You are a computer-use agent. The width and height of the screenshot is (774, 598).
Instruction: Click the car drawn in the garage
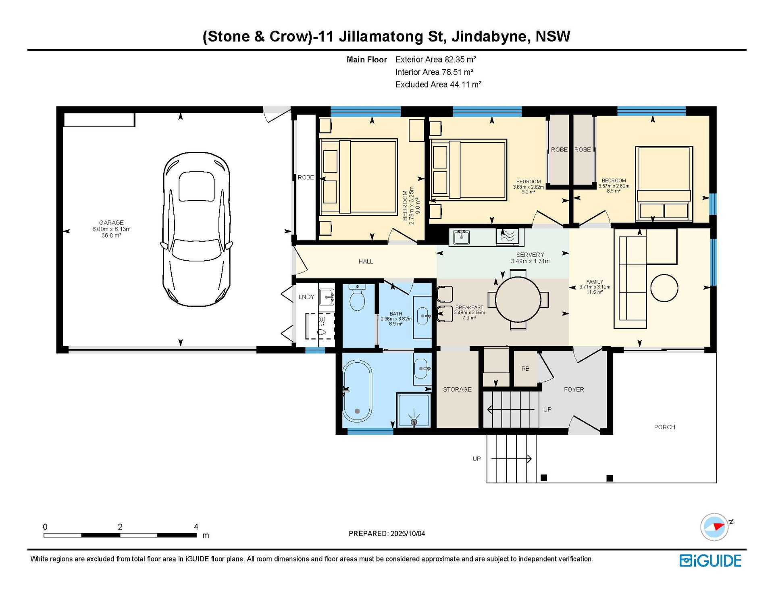197,229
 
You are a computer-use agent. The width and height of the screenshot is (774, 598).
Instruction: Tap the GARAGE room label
111,222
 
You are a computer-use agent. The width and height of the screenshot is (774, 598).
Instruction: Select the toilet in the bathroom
357,297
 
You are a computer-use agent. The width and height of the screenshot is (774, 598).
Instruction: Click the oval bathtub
357,391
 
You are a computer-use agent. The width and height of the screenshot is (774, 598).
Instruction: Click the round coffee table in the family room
664,288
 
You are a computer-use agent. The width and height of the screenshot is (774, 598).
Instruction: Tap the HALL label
366,262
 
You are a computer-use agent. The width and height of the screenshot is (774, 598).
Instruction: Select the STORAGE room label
457,389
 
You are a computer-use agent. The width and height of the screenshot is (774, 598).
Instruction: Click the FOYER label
574,389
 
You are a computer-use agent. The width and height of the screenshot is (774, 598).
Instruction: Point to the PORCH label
664,427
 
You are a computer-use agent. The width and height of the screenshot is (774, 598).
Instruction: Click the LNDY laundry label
306,297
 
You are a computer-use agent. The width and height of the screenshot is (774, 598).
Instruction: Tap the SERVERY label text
530,255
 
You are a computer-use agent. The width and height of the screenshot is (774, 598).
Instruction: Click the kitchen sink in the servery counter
461,237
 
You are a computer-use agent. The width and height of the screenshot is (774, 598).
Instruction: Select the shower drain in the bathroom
414,422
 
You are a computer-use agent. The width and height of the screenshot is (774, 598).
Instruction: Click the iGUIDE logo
710,561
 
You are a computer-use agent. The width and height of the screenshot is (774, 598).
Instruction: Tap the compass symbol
715,527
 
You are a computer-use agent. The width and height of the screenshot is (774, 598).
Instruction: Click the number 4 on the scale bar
196,527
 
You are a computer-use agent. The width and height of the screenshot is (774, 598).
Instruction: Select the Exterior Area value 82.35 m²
460,60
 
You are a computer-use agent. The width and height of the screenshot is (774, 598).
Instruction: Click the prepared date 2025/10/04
408,534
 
